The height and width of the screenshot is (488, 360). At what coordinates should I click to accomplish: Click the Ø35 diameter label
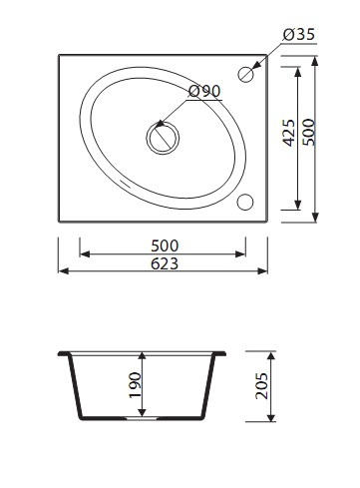coord(299,34)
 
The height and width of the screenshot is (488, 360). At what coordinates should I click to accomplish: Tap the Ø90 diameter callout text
coord(204,91)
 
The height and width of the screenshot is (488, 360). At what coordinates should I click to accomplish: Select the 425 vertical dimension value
coord(288,133)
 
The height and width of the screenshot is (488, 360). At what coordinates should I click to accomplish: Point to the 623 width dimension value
coord(165,263)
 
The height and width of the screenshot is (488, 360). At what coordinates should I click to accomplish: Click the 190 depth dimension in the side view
coord(136,385)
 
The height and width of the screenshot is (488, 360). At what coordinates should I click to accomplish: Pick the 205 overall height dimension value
coord(261,386)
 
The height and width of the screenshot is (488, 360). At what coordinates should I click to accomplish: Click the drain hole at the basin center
coord(163,138)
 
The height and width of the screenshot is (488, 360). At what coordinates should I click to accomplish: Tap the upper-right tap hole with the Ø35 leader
coord(246,74)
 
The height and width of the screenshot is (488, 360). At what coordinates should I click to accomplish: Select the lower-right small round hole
coord(245,202)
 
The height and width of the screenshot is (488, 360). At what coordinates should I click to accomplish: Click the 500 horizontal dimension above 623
coord(165,245)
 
